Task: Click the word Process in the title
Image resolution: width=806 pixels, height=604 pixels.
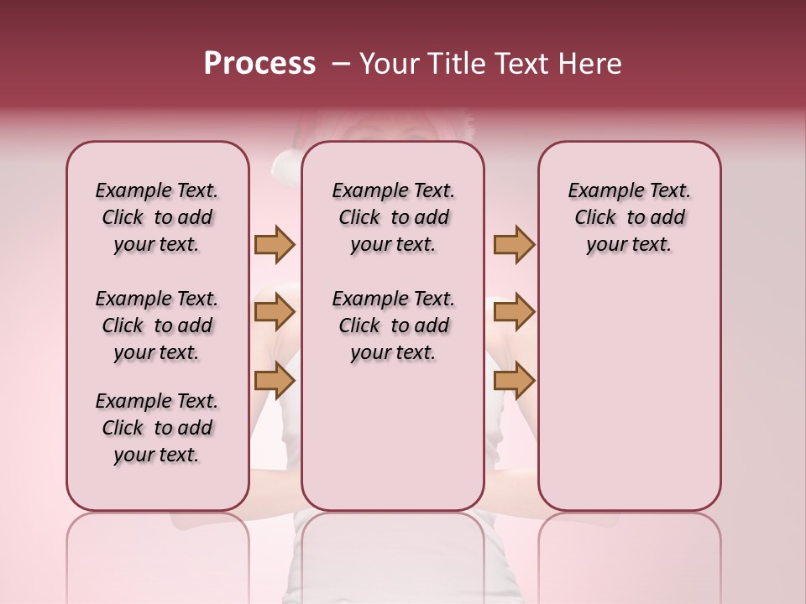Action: click(259, 64)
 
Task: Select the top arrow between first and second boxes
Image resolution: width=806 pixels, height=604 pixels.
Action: click(275, 245)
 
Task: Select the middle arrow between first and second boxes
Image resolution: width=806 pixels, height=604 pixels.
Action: click(275, 313)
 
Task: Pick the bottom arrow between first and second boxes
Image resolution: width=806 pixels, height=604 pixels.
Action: click(275, 380)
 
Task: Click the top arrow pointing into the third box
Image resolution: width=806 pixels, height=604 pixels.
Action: click(514, 245)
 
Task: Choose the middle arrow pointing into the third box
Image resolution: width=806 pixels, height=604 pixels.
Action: click(514, 313)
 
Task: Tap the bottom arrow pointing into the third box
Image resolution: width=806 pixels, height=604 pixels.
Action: click(514, 380)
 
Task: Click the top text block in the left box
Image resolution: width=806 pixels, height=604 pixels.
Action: click(157, 217)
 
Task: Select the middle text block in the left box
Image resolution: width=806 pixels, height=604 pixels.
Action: click(157, 325)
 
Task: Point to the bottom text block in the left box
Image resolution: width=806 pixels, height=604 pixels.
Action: click(157, 428)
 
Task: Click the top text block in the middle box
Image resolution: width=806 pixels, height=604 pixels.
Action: click(394, 217)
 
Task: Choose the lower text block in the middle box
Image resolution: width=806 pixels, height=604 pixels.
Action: click(394, 325)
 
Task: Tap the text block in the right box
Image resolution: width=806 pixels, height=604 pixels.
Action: click(630, 217)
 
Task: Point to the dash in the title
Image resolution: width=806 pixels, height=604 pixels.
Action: click(341, 64)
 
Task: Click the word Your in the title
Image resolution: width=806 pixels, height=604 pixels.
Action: click(390, 64)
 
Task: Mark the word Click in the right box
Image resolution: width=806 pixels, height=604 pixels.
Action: click(595, 218)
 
